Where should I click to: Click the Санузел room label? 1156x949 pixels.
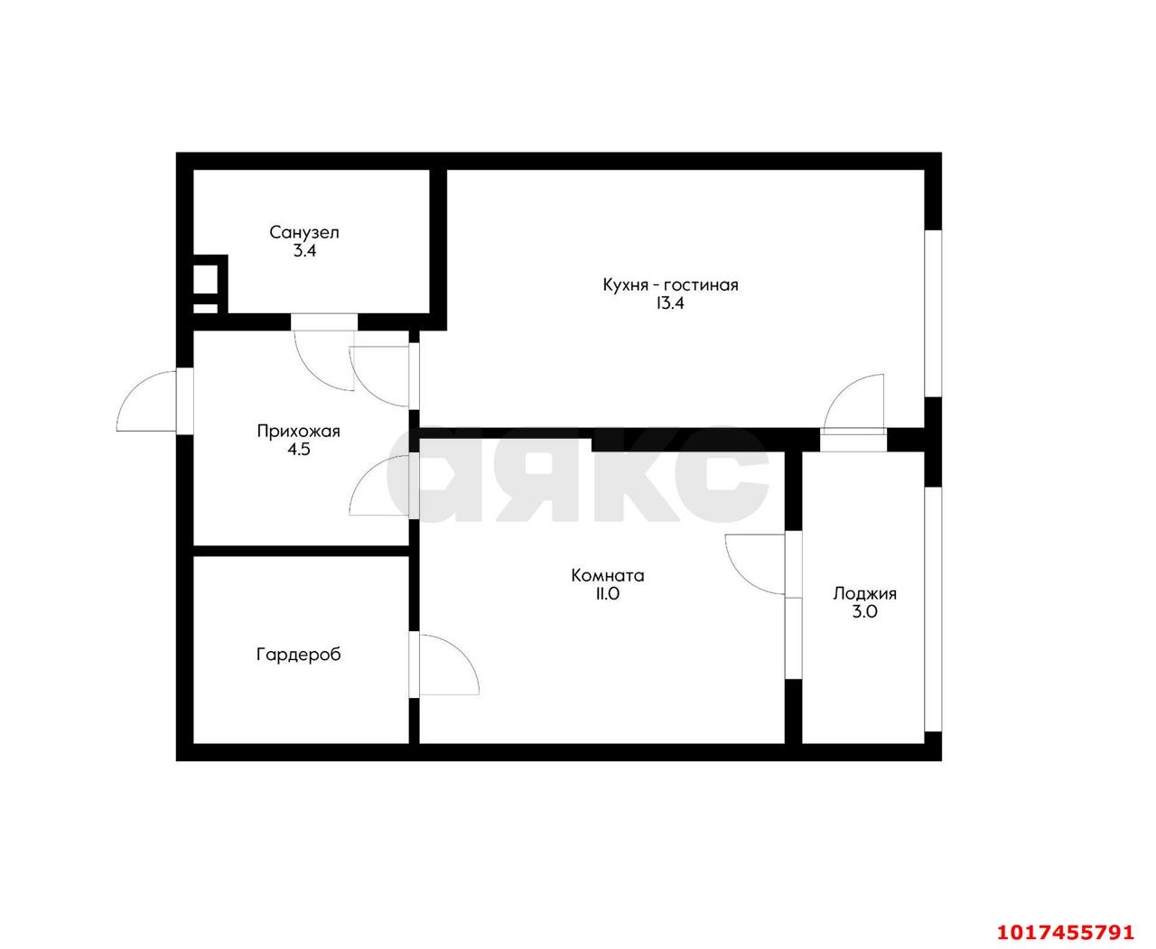303,232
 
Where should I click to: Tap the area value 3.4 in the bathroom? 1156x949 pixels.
303,251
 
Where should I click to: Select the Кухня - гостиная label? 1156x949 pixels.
670,285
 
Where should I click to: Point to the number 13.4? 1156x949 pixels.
670,303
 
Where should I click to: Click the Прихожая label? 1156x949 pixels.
298,432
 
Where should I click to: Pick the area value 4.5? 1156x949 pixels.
298,450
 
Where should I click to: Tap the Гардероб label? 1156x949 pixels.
298,655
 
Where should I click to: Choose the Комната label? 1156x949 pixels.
607,575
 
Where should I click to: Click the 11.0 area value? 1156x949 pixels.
607,593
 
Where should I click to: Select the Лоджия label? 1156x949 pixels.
864,593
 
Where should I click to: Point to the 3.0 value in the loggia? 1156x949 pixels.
864,611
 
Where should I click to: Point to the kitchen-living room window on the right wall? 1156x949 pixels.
933,312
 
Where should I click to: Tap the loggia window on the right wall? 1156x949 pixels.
933,609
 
